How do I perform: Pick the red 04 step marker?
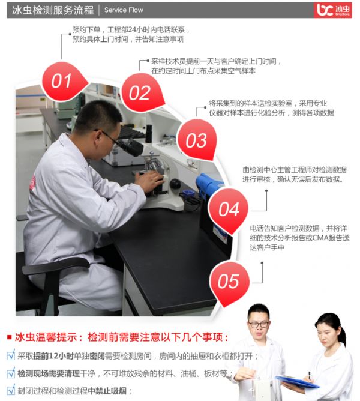229,210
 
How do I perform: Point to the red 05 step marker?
229,282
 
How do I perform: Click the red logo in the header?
332,10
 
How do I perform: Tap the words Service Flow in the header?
124,10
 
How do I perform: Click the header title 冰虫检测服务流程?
53,10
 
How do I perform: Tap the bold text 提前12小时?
53,356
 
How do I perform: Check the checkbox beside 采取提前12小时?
11,355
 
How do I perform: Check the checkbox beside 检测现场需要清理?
11,373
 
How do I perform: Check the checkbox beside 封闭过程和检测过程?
11,390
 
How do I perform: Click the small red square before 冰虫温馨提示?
10,337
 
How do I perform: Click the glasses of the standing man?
259,325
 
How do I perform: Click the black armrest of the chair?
55,265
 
